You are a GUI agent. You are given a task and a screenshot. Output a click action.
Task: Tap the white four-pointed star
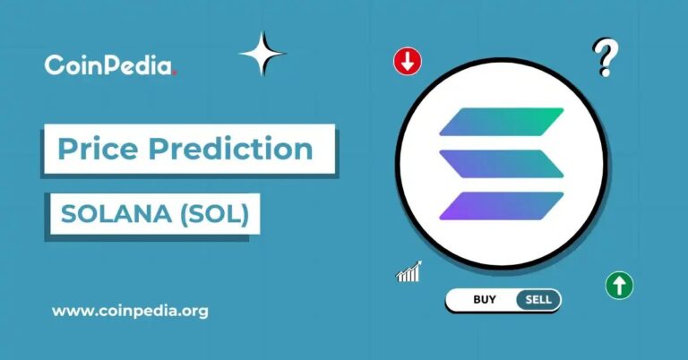click(262, 54)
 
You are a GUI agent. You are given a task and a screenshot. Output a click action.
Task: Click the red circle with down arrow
click(408, 62)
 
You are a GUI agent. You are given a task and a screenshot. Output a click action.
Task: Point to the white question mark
click(606, 57)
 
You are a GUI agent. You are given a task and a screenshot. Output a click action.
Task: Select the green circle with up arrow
click(619, 286)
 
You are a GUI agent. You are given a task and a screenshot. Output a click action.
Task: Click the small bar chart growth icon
click(408, 272)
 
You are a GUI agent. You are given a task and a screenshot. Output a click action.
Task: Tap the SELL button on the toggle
click(538, 299)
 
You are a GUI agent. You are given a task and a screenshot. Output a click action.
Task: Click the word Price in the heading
click(98, 149)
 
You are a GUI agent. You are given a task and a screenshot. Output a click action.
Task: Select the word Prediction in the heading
click(230, 149)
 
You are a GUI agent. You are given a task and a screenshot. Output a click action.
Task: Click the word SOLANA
click(116, 214)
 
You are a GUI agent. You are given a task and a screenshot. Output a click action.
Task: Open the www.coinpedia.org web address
click(130, 312)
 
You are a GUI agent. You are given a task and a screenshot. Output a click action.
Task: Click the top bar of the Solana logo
click(502, 122)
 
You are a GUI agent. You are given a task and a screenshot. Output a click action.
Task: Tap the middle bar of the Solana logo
click(502, 164)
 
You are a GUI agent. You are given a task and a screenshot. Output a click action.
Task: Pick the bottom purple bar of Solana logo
click(502, 206)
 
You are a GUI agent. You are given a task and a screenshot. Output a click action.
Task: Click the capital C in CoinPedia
click(54, 64)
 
